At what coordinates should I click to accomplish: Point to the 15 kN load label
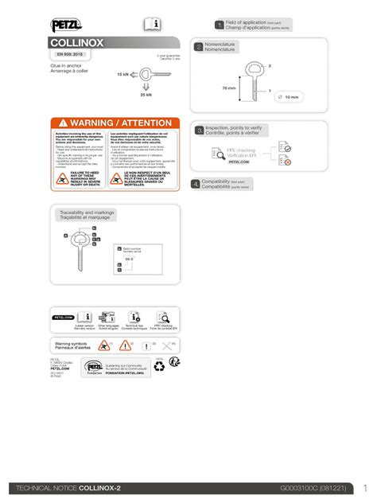[122, 73]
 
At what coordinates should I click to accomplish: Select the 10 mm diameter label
[291, 97]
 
